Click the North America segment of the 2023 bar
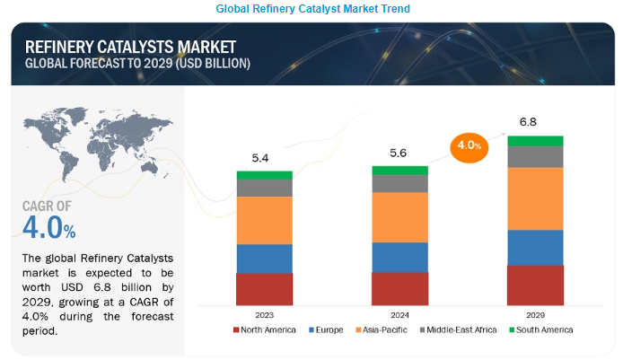[265, 289]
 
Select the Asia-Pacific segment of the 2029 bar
[535, 198]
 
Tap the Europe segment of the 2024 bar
[399, 257]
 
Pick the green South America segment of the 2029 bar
[535, 140]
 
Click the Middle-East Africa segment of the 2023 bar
[265, 188]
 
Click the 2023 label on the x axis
[265, 314]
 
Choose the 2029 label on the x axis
[535, 314]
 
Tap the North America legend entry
[266, 329]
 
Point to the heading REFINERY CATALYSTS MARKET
[130, 47]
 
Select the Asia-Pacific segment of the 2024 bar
[399, 217]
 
